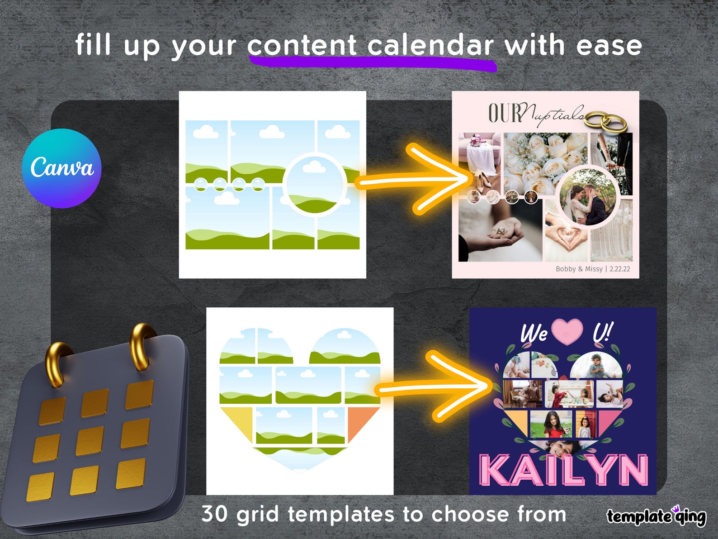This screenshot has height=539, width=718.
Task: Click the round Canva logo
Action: (x=61, y=168)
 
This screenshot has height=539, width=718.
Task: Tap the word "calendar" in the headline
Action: (x=430, y=46)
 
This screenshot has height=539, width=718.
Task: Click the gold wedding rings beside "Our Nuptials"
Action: (x=605, y=120)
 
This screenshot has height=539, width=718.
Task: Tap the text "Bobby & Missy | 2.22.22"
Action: (x=592, y=269)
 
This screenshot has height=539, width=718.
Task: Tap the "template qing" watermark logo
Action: (x=656, y=516)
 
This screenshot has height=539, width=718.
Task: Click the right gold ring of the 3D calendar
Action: (x=142, y=345)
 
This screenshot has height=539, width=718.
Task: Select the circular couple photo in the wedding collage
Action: (x=587, y=197)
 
